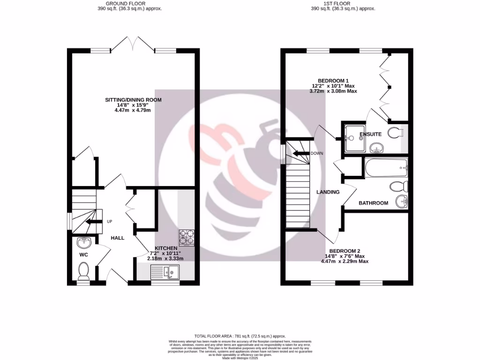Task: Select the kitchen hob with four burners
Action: pos(186,237)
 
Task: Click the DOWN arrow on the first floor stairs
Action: pos(299,153)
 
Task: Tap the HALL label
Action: pos(117,238)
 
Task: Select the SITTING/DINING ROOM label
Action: pos(133,100)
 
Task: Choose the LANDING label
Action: pos(328,192)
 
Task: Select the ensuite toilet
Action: pos(395,132)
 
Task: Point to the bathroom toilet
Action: pos(397,187)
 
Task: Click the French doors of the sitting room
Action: pos(134,45)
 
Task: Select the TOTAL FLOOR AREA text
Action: pos(240,335)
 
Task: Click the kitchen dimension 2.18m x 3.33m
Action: pos(165,258)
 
